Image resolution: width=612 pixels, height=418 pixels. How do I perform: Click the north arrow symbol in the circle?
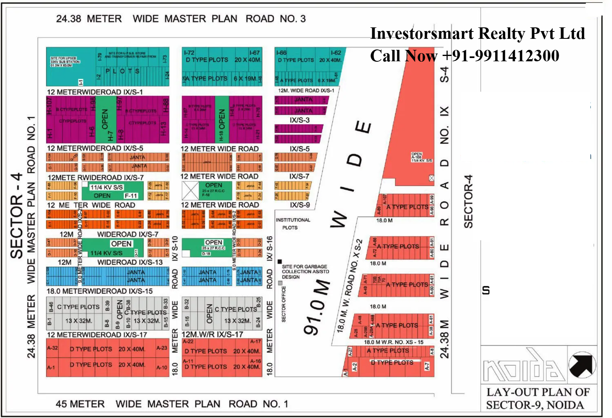pyautogui.click(x=582, y=365)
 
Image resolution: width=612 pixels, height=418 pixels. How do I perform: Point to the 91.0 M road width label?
pyautogui.click(x=317, y=306)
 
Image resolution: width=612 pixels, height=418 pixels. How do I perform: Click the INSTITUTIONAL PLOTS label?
pyautogui.click(x=293, y=224)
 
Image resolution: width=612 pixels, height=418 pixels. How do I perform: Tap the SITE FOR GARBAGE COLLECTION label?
pyautogui.click(x=305, y=271)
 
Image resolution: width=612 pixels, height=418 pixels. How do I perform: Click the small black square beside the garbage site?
pyautogui.click(x=279, y=262)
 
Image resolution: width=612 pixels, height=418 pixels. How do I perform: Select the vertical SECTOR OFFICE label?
pyautogui.click(x=284, y=304)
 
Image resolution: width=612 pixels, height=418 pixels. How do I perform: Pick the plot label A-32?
pyautogui.click(x=52, y=348)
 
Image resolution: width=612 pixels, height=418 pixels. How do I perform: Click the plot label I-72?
pyautogui.click(x=189, y=53)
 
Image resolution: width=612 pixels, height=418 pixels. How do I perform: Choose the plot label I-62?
pyautogui.click(x=336, y=53)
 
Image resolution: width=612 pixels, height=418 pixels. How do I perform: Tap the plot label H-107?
pyautogui.click(x=50, y=105)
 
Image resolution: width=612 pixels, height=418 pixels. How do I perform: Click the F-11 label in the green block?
pyautogui.click(x=131, y=196)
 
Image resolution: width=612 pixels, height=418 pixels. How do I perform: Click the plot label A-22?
pyautogui.click(x=188, y=342)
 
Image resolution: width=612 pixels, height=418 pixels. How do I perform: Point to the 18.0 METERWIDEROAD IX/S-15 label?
pyautogui.click(x=100, y=291)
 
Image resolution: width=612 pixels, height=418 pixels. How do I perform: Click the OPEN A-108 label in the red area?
pyautogui.click(x=421, y=157)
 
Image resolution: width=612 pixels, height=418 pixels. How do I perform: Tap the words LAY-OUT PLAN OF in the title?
pyautogui.click(x=538, y=392)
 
